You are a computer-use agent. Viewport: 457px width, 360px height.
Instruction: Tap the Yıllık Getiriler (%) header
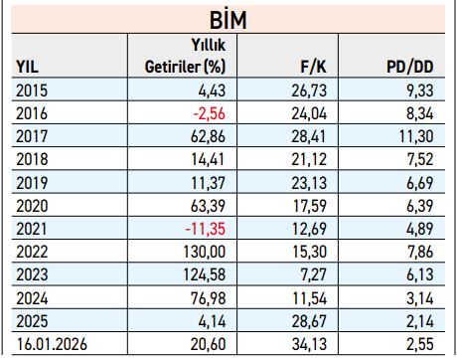[x=181, y=56]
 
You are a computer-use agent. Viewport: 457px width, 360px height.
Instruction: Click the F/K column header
[x=314, y=67]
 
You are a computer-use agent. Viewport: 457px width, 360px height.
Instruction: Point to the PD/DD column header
[x=409, y=67]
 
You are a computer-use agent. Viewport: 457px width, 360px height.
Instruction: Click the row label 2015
[x=34, y=91]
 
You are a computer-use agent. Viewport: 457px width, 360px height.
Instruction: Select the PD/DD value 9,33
[x=415, y=91]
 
